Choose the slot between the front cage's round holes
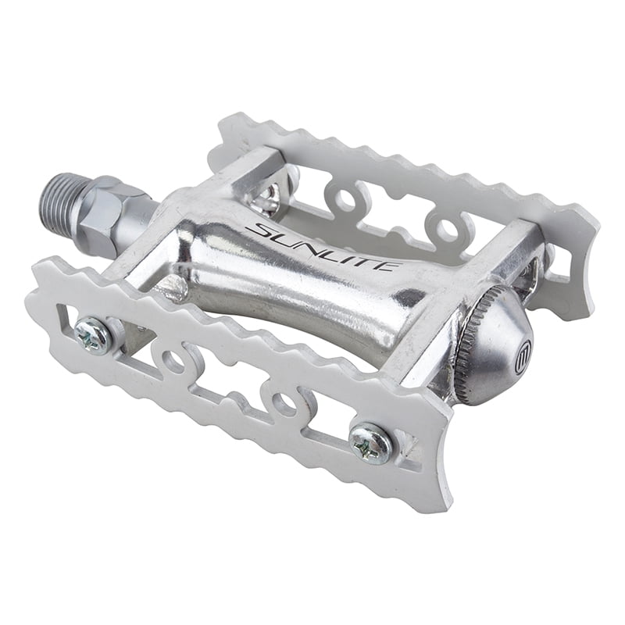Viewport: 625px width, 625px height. [x=227, y=383]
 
